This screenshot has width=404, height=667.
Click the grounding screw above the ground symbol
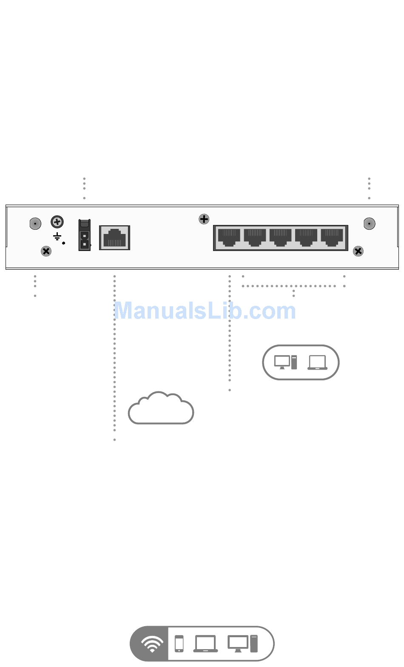coord(57,222)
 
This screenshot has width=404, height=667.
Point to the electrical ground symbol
coord(57,237)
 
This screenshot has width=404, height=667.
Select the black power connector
coord(85,235)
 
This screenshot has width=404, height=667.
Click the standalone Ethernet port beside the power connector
coord(114,237)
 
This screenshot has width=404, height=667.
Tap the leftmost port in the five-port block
coord(229,237)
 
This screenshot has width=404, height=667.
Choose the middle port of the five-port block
coord(281,237)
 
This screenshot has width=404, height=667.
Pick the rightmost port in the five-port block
coord(332,237)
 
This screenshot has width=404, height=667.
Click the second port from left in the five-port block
coord(255,237)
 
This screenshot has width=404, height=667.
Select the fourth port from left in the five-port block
coord(306,237)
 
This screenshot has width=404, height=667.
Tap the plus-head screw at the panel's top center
coord(204,219)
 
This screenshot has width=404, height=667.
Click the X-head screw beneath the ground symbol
coord(46,251)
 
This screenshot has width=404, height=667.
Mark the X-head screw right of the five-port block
coord(358,251)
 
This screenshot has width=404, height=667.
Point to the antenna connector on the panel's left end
coord(35,223)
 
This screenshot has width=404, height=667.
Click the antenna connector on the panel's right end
coord(370,223)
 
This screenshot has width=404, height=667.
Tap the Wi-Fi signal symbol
coord(151,644)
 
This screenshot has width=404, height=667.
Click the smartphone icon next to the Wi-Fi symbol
coord(179,644)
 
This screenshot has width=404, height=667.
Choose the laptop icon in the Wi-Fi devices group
coord(205,644)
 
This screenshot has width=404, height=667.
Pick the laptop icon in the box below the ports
coord(317,362)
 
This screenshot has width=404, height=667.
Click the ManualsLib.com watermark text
coord(205,311)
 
